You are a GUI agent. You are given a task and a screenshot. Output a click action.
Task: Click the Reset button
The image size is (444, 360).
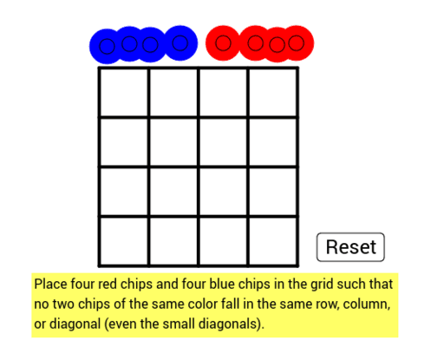tap(350, 247)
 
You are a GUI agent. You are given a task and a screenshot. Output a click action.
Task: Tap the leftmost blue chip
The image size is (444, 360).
tap(107, 46)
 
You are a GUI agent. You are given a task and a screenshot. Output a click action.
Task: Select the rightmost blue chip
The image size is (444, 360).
tap(180, 43)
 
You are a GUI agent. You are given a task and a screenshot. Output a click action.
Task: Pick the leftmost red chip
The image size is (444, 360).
tap(223, 43)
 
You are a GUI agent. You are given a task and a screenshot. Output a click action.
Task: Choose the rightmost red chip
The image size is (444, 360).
tap(297, 43)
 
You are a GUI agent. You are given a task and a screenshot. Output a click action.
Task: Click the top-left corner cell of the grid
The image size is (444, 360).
tap(124, 93)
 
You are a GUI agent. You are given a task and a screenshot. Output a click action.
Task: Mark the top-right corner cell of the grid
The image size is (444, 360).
tap(273, 93)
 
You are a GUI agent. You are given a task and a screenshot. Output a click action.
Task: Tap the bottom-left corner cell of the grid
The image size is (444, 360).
tap(124, 241)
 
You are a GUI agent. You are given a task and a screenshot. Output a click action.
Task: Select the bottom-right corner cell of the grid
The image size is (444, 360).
tap(273, 241)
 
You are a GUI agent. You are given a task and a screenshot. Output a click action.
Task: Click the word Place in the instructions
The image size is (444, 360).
tap(50, 284)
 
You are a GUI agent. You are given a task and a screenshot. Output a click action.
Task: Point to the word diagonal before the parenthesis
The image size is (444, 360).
tap(75, 324)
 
